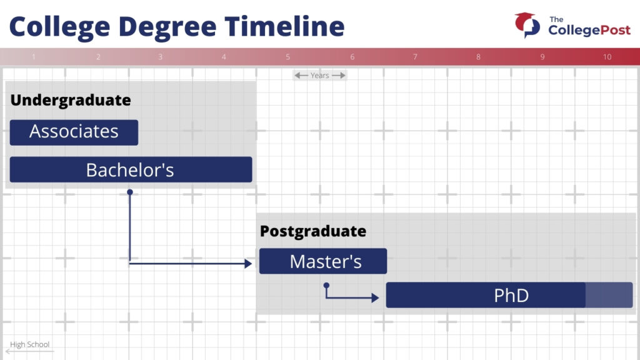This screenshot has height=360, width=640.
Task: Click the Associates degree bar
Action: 74,132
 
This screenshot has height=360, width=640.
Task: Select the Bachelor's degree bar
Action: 131,169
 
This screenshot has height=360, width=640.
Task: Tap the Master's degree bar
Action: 323,261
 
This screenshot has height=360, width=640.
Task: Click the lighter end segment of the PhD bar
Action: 609,295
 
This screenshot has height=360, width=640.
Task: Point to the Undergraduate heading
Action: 71,100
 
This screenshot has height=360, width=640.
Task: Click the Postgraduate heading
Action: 313,231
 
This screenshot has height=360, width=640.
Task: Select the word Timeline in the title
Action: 284,26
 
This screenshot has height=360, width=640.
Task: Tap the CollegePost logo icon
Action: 527,25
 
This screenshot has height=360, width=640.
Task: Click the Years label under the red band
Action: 319,76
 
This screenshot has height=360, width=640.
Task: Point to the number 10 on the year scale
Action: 607,57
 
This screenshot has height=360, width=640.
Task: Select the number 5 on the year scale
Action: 287,57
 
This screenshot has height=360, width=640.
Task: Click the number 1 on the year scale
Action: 34,57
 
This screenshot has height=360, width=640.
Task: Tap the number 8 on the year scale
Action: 478,57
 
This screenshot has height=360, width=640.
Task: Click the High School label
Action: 30,344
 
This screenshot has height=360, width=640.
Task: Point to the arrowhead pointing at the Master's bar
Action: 248,264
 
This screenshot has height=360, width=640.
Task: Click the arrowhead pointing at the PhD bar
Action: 375,298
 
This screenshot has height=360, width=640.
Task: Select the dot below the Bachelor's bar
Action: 130,192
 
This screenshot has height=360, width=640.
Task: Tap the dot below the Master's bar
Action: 326,285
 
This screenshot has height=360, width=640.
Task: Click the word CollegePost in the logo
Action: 589,30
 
